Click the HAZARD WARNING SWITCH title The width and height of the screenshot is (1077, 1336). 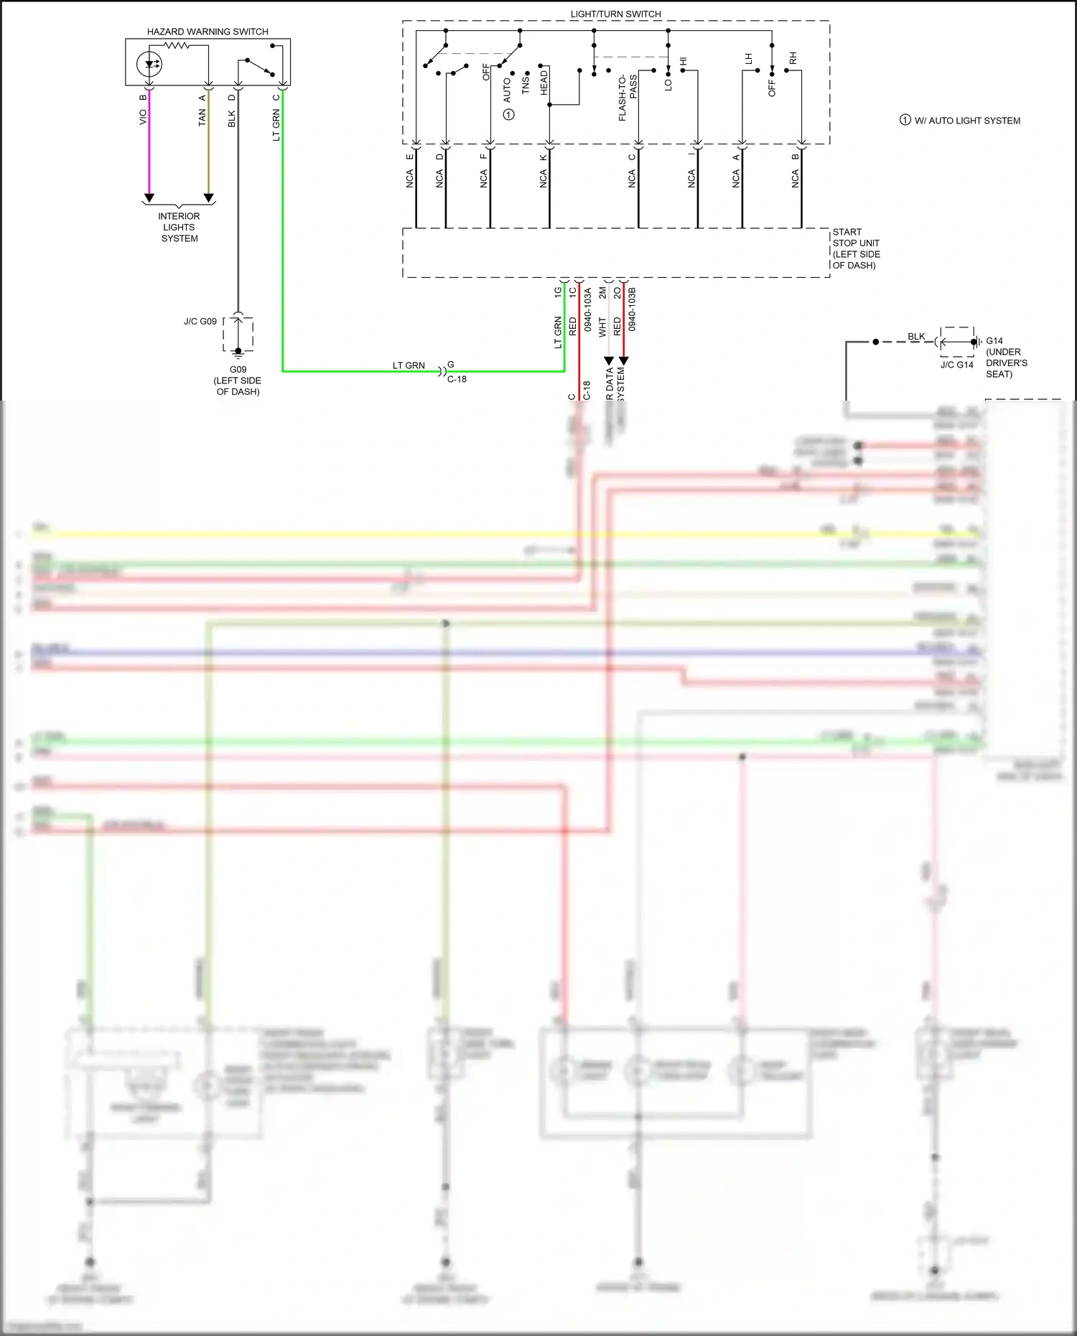coord(208,32)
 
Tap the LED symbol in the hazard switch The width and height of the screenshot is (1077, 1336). coord(149,64)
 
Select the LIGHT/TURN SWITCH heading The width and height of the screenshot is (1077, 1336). coord(615,14)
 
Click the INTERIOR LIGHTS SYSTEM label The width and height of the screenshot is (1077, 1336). coord(179,227)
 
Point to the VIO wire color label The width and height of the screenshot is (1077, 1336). coord(143,116)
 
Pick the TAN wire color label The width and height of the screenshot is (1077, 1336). coord(202,118)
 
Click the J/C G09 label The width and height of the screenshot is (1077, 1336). coord(200,322)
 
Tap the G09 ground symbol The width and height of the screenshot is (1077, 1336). coord(238,352)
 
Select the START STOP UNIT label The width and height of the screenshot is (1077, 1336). coord(856,248)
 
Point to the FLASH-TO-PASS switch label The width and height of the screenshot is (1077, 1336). coord(627,98)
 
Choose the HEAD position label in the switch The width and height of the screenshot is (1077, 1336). coord(544,83)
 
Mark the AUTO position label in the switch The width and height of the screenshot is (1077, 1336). coord(507,90)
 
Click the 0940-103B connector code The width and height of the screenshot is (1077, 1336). coord(632,309)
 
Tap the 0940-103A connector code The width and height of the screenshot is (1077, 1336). coord(587,309)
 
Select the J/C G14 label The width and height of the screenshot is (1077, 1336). coord(956,365)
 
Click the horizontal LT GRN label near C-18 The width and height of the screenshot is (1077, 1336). coord(409,365)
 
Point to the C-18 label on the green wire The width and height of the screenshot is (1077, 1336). coord(457,379)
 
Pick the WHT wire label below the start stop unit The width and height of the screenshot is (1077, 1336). coord(602,327)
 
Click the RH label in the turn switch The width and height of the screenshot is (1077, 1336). coord(793,58)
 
